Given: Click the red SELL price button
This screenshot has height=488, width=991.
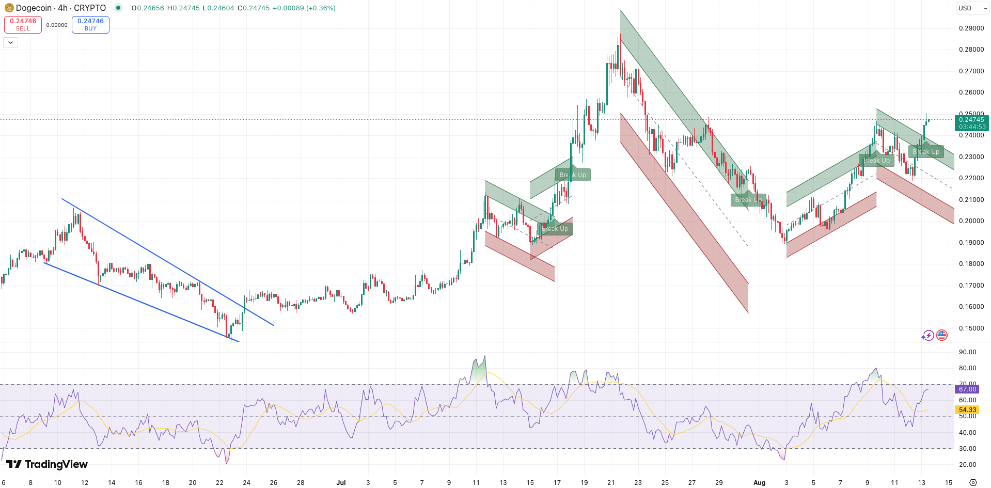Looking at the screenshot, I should tap(23, 24).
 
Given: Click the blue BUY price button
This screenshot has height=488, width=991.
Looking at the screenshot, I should tap(90, 24).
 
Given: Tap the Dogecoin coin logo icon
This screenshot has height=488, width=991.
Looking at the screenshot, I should tap(9, 8).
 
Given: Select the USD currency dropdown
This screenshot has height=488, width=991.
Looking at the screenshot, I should tap(972, 8).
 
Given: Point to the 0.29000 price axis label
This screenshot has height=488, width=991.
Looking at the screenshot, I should tap(971, 28).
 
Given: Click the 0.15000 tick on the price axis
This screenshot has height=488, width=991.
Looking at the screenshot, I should tap(971, 328).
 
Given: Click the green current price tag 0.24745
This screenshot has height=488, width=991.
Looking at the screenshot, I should tap(971, 123).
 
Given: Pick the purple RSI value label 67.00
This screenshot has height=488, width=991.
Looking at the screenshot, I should tap(967, 389).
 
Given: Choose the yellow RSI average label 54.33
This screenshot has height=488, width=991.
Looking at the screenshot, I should tap(967, 410).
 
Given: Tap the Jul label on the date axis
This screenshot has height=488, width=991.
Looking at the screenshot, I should tap(341, 483).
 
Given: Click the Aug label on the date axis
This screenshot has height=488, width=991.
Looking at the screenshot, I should tap(759, 483).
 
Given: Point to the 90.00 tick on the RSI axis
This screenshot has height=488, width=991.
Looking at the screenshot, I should tap(967, 352).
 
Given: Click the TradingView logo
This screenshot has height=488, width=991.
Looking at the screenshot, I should tap(47, 464).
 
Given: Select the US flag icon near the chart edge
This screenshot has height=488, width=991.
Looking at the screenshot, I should tap(942, 336).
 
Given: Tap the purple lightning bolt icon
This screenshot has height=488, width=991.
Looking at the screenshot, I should tap(928, 336).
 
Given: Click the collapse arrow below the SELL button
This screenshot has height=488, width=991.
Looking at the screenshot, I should tap(10, 42).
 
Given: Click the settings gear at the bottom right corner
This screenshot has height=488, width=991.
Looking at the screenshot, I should tap(973, 482).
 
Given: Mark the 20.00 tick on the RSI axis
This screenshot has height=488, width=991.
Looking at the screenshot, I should tap(967, 465).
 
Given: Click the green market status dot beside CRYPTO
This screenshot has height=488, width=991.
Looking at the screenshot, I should tap(118, 8).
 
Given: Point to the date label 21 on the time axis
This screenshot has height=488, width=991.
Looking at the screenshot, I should tap(611, 483).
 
